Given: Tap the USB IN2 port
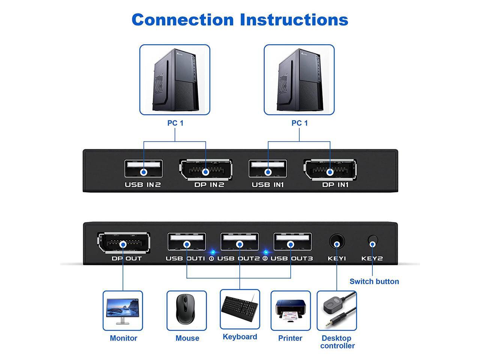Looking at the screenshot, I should [x=144, y=168].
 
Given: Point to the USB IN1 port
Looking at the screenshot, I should [x=268, y=168].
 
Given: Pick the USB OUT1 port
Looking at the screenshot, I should [x=187, y=242].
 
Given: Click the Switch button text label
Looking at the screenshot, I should [x=374, y=281].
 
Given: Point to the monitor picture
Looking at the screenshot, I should [x=123, y=310].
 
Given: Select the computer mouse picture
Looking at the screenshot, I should [x=186, y=310].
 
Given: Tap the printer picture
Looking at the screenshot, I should [x=291, y=310].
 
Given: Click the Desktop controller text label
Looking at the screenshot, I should [x=337, y=342].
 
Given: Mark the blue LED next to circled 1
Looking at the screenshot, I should [x=212, y=252].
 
